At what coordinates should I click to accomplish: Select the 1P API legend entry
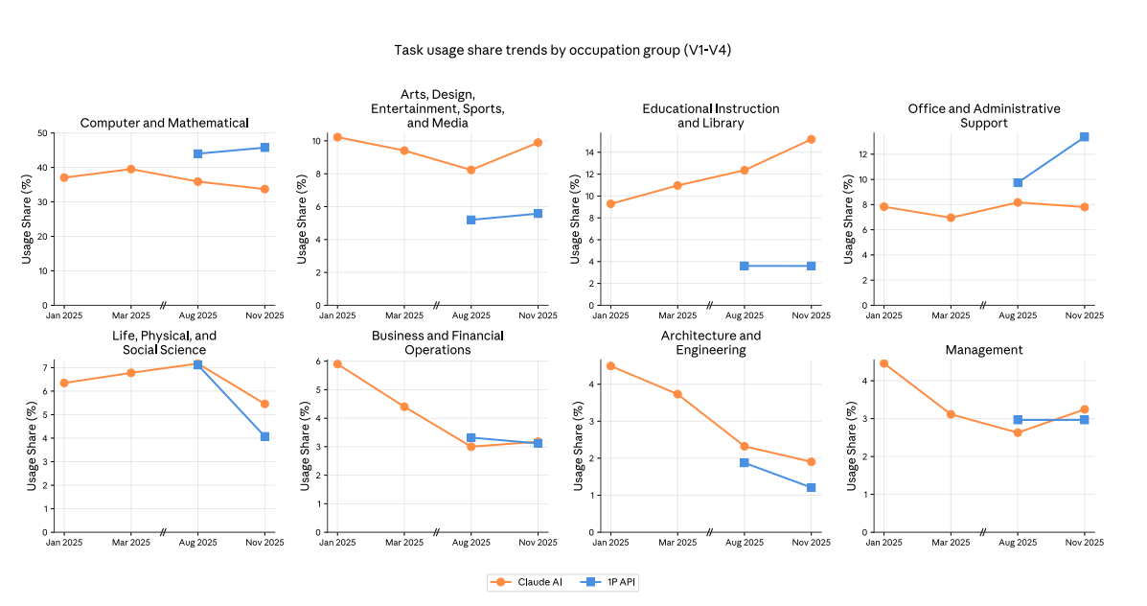click(608, 582)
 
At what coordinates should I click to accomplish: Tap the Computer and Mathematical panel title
click(165, 123)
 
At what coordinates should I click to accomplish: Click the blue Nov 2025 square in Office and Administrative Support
click(1084, 137)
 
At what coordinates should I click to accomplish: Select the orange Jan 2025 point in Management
click(883, 364)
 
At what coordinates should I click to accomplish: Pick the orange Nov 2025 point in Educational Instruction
click(811, 139)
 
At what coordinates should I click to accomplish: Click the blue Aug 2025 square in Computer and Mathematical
click(197, 153)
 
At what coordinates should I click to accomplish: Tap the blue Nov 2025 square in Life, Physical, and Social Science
click(264, 436)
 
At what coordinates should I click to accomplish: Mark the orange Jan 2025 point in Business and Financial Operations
click(337, 364)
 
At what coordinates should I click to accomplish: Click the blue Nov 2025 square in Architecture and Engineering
click(811, 488)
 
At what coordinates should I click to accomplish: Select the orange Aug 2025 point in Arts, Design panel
click(470, 170)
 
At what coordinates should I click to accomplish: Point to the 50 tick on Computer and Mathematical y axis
click(42, 133)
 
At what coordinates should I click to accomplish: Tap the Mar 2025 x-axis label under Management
click(951, 543)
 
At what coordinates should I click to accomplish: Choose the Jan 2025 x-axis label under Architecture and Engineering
click(610, 543)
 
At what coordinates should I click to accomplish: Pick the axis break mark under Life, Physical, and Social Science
click(163, 532)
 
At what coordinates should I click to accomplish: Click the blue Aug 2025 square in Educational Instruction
click(744, 266)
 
